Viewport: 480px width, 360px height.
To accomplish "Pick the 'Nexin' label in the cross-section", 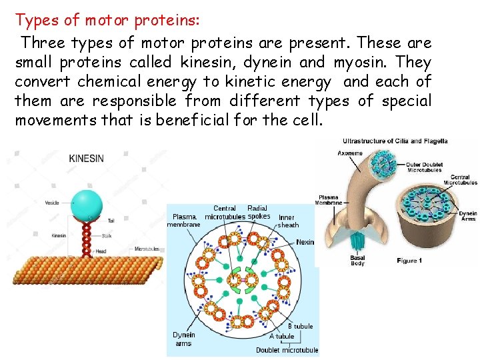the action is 305,242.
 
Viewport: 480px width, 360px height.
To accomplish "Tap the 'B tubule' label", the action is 300,326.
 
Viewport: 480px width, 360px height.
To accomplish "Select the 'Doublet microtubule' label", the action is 287,350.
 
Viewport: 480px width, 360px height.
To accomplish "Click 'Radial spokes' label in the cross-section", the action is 258,212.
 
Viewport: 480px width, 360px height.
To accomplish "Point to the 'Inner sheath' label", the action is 287,221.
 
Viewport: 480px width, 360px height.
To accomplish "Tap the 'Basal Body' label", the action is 357,261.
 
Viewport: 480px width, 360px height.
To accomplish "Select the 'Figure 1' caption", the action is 409,261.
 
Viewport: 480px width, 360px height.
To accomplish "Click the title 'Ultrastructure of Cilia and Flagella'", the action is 395,141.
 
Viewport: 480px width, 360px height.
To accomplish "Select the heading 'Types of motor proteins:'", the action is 107,20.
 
